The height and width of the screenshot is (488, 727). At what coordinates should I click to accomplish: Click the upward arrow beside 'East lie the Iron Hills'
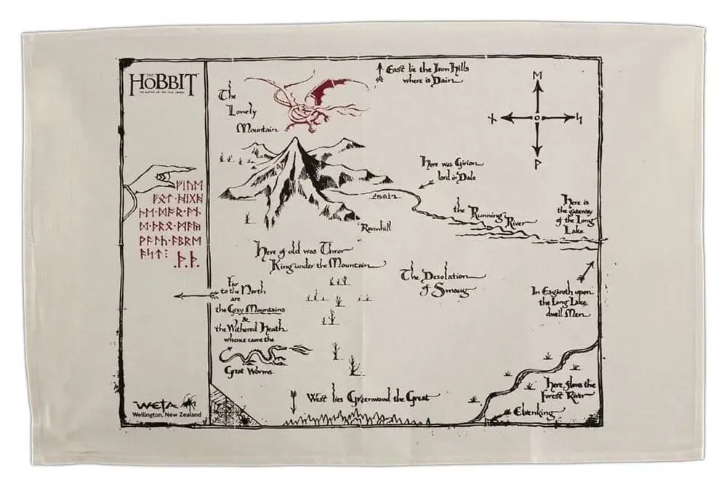pos(379,71)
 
